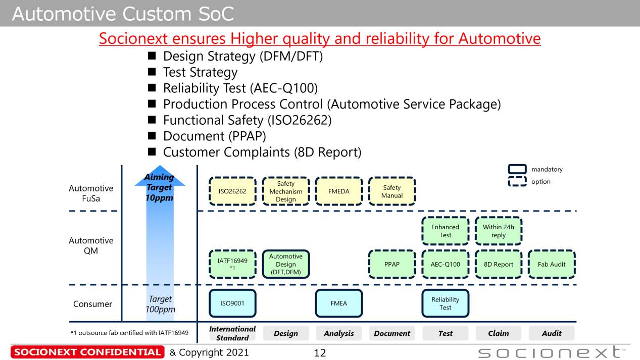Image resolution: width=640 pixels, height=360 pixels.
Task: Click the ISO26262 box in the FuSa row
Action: (x=232, y=191)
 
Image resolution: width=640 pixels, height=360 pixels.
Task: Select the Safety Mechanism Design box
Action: (x=286, y=191)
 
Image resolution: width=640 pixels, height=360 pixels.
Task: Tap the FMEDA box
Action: (x=339, y=191)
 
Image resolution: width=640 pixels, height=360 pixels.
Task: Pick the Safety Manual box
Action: (x=392, y=191)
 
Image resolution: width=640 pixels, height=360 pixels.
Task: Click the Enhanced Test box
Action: (x=445, y=231)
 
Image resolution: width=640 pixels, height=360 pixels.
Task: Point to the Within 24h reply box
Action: (x=499, y=231)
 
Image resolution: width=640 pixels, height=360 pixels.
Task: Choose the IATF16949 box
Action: (x=232, y=264)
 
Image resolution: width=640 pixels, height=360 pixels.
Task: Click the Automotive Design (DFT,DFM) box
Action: (x=286, y=264)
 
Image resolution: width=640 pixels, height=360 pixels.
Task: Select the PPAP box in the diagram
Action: (x=392, y=264)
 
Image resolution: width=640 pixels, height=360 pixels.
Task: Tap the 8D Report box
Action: (x=499, y=264)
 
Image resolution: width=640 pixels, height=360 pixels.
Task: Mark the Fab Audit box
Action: (x=552, y=264)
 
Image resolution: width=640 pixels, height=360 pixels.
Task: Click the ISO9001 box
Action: (x=232, y=303)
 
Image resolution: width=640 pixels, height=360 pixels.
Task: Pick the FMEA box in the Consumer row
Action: (x=339, y=303)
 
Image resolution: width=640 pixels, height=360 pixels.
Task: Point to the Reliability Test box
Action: (x=445, y=303)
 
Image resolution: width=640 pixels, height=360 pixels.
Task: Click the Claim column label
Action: (x=499, y=333)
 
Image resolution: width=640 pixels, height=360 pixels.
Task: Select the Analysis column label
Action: (x=339, y=333)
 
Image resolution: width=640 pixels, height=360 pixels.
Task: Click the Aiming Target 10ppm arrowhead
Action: (x=160, y=176)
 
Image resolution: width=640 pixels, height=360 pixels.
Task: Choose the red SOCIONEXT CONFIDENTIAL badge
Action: (x=87, y=352)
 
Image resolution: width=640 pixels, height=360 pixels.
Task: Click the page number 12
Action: (x=320, y=353)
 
